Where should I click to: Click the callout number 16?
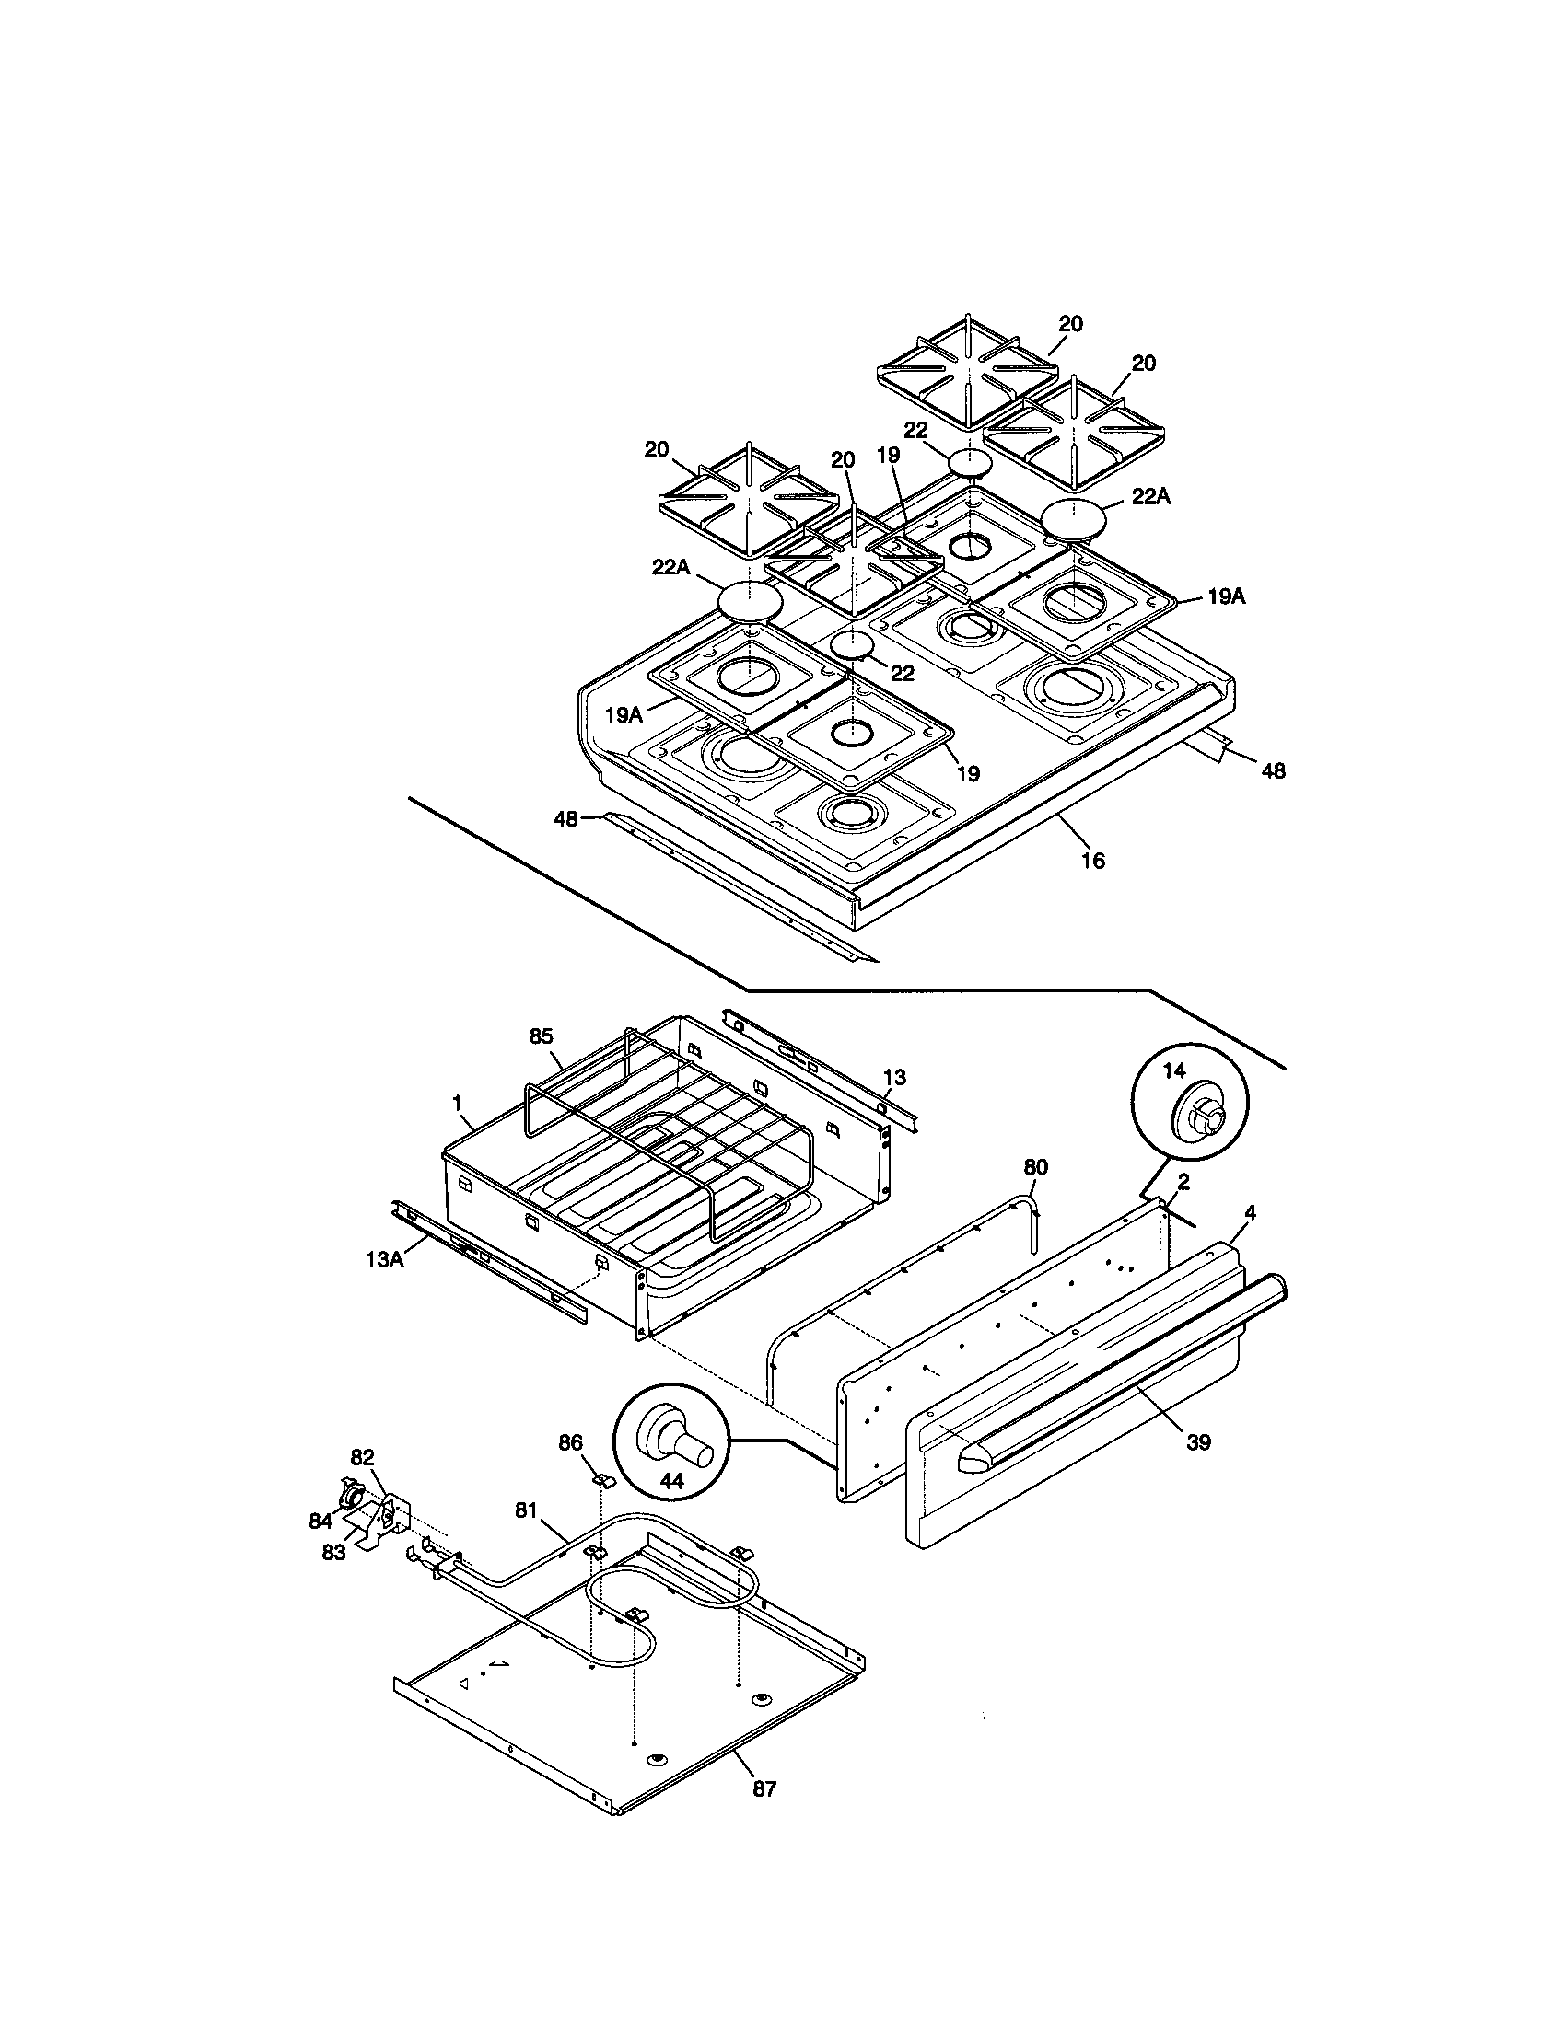1093,861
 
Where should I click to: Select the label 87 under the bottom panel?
764,1788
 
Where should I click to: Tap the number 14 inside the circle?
1173,1070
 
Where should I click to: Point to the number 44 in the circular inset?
671,1481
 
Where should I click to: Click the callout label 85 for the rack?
542,1036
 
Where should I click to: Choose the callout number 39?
1198,1441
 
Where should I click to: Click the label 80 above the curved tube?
1035,1166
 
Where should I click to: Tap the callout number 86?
570,1442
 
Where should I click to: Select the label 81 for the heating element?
526,1509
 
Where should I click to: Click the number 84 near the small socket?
321,1521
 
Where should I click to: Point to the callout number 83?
333,1552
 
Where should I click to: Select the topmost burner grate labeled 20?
967,373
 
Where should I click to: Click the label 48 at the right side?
1274,769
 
